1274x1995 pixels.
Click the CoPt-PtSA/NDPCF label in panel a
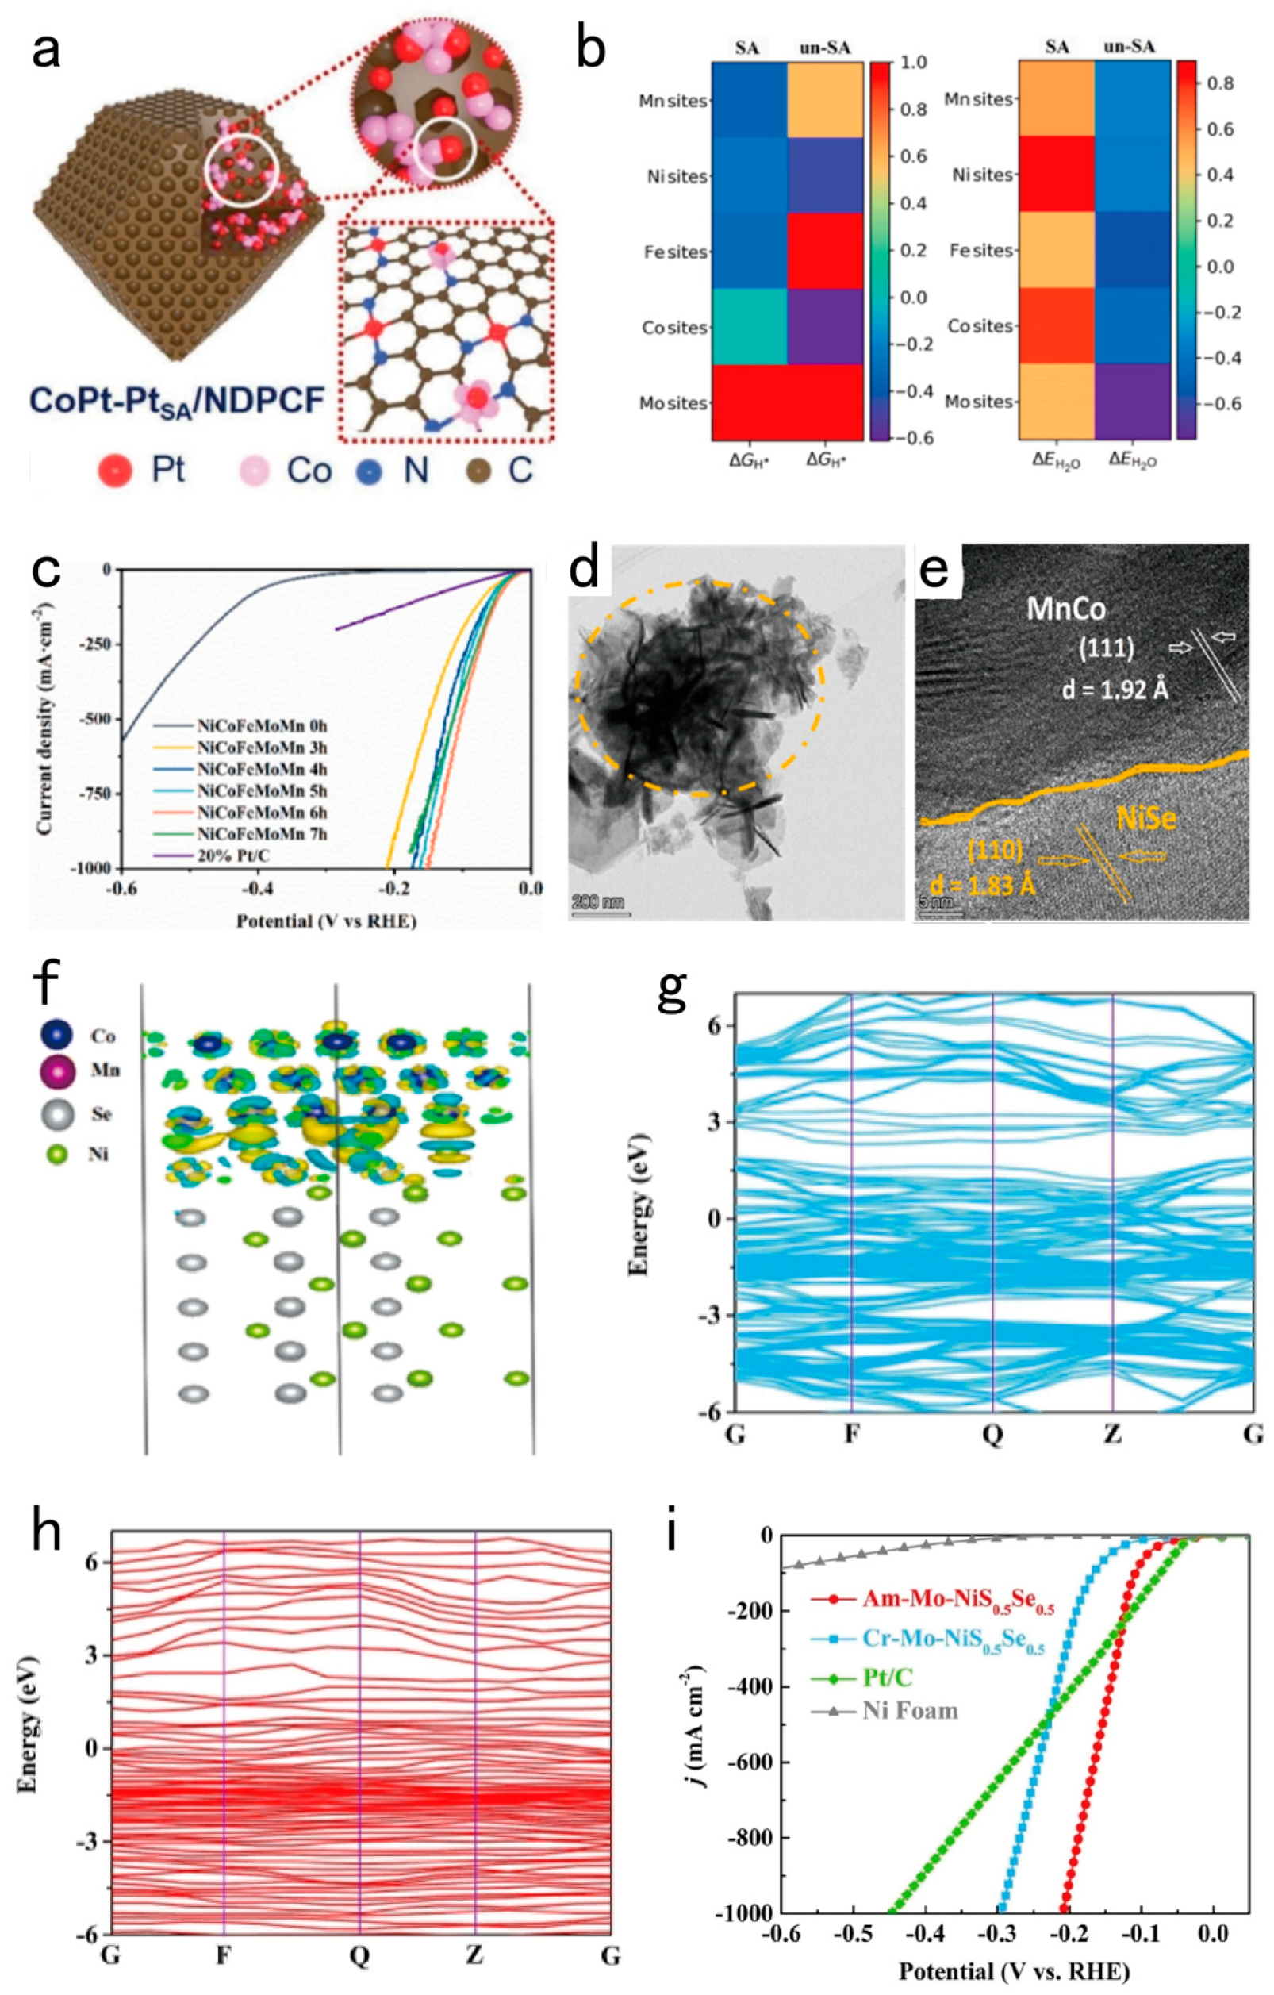pos(176,402)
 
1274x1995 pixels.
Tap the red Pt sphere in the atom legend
pos(114,471)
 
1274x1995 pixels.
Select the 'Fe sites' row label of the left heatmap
pos(676,252)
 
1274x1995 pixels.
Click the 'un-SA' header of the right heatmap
pos(1129,48)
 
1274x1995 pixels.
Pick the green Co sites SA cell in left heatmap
pos(749,327)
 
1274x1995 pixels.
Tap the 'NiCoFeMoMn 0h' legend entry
pos(261,727)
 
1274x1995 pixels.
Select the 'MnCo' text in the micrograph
pos(1065,609)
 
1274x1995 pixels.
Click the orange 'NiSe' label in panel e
pos(1145,818)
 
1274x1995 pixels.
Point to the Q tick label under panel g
pos(992,1434)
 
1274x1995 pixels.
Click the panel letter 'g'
pos(672,992)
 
